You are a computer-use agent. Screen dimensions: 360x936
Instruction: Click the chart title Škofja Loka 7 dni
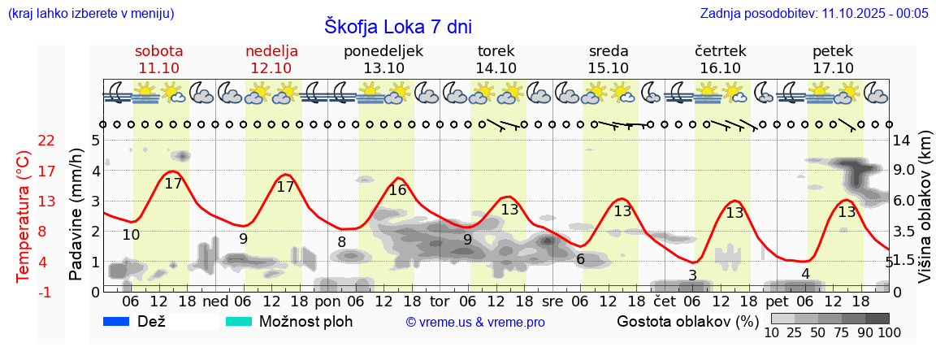pyautogui.click(x=397, y=27)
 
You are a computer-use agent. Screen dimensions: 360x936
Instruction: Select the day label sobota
pyautogui.click(x=159, y=50)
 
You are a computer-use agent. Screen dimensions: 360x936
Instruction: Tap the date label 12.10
pyautogui.click(x=271, y=68)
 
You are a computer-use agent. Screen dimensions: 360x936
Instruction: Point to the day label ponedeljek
pyautogui.click(x=383, y=50)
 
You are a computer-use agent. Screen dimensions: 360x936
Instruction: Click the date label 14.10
pyautogui.click(x=496, y=68)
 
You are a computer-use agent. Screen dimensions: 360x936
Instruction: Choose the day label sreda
pyautogui.click(x=609, y=50)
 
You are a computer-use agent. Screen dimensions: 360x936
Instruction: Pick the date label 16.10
pyautogui.click(x=721, y=68)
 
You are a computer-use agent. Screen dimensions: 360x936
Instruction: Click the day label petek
pyautogui.click(x=833, y=50)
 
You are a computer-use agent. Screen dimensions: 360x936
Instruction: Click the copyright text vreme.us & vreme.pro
pyautogui.click(x=475, y=322)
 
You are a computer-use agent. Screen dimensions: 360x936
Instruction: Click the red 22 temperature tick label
pyautogui.click(x=46, y=141)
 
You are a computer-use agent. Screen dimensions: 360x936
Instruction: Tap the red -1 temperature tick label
pyautogui.click(x=46, y=292)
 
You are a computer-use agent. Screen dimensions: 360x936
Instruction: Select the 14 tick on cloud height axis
pyautogui.click(x=902, y=141)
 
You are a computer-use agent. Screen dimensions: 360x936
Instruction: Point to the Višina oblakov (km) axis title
pyautogui.click(x=925, y=215)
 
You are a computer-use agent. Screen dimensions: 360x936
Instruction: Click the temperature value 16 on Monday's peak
pyautogui.click(x=397, y=190)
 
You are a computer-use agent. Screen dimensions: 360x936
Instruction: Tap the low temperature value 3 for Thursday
pyautogui.click(x=692, y=275)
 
